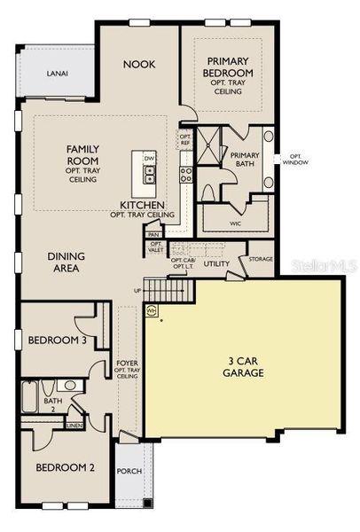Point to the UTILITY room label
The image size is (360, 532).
tap(216, 264)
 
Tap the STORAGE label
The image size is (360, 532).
tap(261, 260)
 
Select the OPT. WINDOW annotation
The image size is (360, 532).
tap(294, 159)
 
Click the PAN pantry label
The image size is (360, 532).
tap(153, 235)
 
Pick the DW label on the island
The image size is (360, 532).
tap(150, 158)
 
